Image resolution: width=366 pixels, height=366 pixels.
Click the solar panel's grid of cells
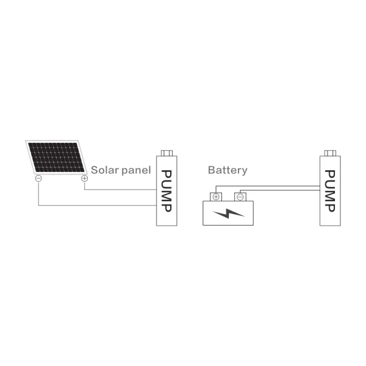56,158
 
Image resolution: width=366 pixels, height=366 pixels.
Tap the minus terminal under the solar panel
38,179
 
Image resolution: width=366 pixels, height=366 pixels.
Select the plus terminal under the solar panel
84,179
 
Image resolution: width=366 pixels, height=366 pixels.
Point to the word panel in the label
135,170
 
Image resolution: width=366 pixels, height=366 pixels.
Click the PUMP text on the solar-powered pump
167,191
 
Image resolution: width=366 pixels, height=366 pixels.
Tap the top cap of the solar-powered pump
167,152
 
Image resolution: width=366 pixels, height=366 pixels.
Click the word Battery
228,170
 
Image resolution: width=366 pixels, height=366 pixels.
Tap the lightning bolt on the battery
227,213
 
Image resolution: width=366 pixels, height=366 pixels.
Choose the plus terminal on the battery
216,197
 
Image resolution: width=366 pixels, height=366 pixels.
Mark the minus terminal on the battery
240,197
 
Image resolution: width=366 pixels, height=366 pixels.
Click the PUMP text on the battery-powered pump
330,191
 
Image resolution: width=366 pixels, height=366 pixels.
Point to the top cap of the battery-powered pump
330,152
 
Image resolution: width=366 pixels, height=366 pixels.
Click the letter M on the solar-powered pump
167,195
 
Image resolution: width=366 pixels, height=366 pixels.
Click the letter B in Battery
211,170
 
